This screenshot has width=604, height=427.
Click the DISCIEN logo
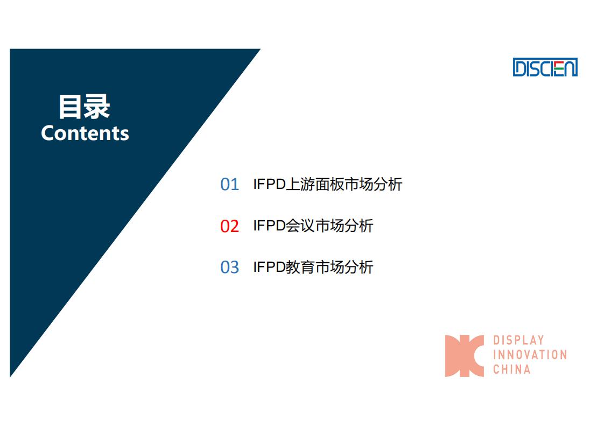pyautogui.click(x=545, y=67)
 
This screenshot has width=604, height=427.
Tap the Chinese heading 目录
pyautogui.click(x=85, y=107)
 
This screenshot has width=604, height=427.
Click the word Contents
pyautogui.click(x=85, y=134)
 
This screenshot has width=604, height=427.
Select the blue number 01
pyautogui.click(x=229, y=184)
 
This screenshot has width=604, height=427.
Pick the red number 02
pyautogui.click(x=229, y=226)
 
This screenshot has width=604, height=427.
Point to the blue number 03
pyautogui.click(x=229, y=267)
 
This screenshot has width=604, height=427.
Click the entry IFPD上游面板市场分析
pyautogui.click(x=328, y=184)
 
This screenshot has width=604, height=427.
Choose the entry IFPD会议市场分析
pyautogui.click(x=313, y=226)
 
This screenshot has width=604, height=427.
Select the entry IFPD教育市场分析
pyautogui.click(x=313, y=267)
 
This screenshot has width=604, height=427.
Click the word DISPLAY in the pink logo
pyautogui.click(x=518, y=340)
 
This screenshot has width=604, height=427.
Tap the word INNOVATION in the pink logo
pyautogui.click(x=530, y=354)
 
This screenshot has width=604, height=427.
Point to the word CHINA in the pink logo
pyautogui.click(x=512, y=369)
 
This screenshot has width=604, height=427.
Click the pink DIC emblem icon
pyautogui.click(x=464, y=356)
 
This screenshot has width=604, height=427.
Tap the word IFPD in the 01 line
pyautogui.click(x=269, y=184)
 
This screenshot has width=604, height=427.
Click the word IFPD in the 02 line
pyautogui.click(x=269, y=226)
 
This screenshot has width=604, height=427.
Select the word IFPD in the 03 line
pyautogui.click(x=269, y=267)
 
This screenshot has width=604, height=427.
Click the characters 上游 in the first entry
pyautogui.click(x=300, y=184)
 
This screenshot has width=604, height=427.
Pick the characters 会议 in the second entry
pyautogui.click(x=300, y=226)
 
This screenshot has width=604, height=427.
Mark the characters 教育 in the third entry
pyautogui.click(x=300, y=267)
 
